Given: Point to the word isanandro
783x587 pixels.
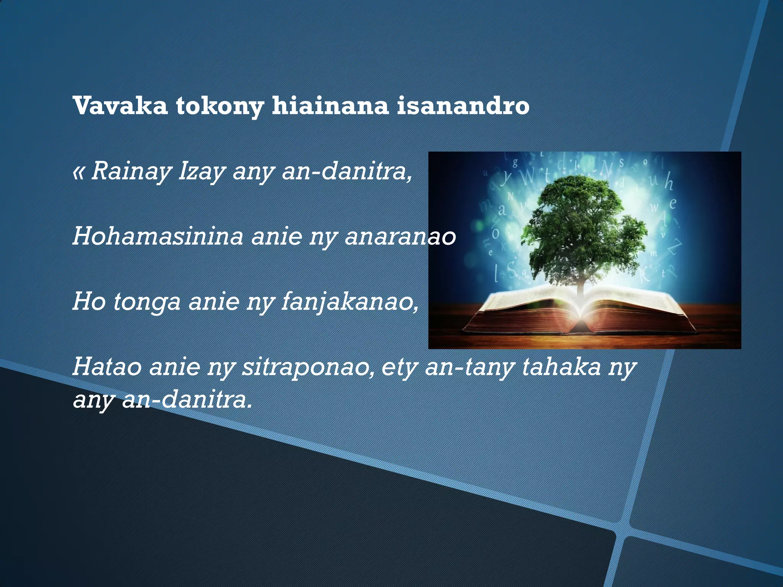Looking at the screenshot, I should point(463,106).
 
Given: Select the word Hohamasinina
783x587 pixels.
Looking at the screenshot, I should point(158,237).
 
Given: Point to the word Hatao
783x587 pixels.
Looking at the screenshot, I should point(107,367).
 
